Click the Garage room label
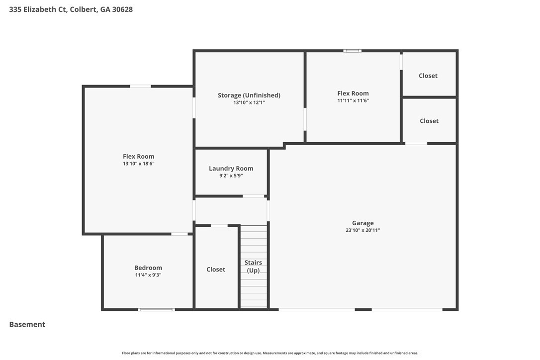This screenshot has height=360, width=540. click(x=362, y=223)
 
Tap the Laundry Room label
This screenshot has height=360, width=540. click(x=231, y=169)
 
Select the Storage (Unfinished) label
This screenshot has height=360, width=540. click(x=249, y=95)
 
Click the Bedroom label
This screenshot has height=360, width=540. click(x=148, y=268)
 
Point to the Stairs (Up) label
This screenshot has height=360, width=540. click(x=253, y=267)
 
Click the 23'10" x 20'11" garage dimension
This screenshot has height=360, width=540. click(x=362, y=230)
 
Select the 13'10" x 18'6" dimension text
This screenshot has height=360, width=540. click(x=138, y=164)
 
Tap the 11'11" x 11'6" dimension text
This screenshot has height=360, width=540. click(x=353, y=100)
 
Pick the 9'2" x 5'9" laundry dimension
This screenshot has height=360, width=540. click(x=231, y=176)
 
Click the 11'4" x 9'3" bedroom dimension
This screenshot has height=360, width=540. click(x=148, y=275)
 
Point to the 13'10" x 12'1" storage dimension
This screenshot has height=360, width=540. click(x=249, y=102)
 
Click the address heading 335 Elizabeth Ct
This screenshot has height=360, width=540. click(x=38, y=9)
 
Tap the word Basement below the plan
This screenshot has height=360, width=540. click(x=27, y=325)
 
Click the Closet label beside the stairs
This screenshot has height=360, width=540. click(x=216, y=270)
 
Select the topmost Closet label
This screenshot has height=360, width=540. click(x=428, y=76)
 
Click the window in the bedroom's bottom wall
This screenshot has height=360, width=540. click(x=156, y=310)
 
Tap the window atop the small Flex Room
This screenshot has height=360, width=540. click(x=353, y=51)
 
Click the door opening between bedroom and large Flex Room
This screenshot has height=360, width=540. click(x=180, y=234)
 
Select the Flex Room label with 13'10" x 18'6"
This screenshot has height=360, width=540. click(x=138, y=157)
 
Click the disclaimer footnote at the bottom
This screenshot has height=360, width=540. click(x=270, y=353)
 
